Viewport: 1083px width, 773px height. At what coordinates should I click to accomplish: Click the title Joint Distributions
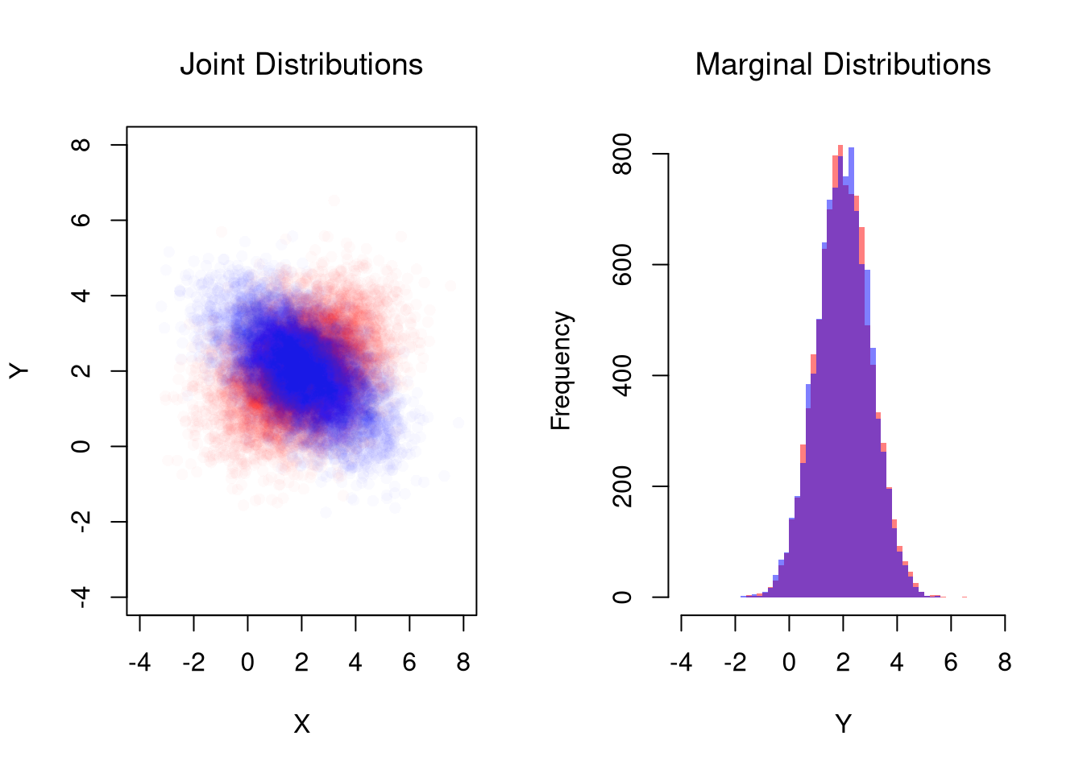(x=301, y=64)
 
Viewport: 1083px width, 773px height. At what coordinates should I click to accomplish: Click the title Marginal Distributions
(x=843, y=64)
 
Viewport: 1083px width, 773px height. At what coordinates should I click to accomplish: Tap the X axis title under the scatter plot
(x=301, y=725)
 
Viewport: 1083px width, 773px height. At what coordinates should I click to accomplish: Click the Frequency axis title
(x=561, y=370)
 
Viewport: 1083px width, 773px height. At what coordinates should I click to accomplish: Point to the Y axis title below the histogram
(x=843, y=725)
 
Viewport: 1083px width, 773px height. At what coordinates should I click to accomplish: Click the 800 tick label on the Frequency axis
(x=622, y=154)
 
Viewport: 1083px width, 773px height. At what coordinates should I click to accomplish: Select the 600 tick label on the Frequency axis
(x=622, y=265)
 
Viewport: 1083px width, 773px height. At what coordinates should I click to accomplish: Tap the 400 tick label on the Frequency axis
(x=622, y=376)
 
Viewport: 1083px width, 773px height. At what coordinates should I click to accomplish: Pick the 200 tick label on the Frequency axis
(x=622, y=486)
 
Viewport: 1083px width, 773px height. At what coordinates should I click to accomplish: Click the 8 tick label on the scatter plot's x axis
(x=463, y=663)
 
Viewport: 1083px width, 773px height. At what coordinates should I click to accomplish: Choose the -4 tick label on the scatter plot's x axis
(x=139, y=663)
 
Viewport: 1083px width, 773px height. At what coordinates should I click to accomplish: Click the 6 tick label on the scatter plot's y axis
(x=81, y=220)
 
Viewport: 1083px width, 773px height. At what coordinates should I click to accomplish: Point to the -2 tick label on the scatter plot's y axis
(x=81, y=521)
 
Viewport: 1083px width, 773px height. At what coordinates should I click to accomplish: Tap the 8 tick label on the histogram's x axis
(x=1005, y=663)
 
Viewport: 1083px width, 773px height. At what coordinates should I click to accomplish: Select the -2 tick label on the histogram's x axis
(x=735, y=663)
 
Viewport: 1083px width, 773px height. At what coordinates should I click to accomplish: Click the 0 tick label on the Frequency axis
(x=622, y=597)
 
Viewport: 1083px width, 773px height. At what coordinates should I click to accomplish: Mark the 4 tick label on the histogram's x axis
(x=897, y=663)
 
